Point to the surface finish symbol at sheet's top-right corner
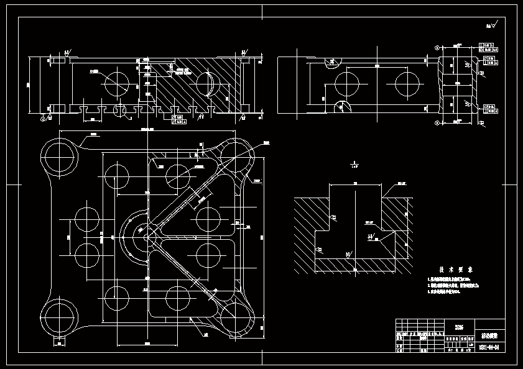[x=491, y=26]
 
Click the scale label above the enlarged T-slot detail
[x=354, y=166]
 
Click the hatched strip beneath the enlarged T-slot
[x=354, y=265]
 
